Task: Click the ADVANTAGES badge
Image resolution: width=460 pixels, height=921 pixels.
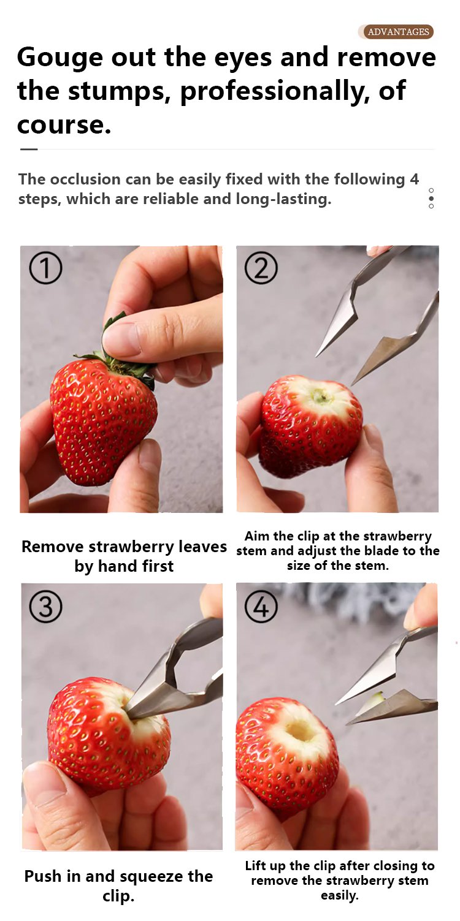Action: pos(396,32)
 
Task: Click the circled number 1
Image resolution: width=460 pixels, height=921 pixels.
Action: pos(45,268)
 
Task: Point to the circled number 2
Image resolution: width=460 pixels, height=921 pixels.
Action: pos(261,268)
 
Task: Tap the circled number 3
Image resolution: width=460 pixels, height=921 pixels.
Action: pos(45,607)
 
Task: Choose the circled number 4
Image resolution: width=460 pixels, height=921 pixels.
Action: pos(261,607)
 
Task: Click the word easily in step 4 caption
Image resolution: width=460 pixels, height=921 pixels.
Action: pos(339,895)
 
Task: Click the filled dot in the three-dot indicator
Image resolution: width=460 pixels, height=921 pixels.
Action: pos(431,198)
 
